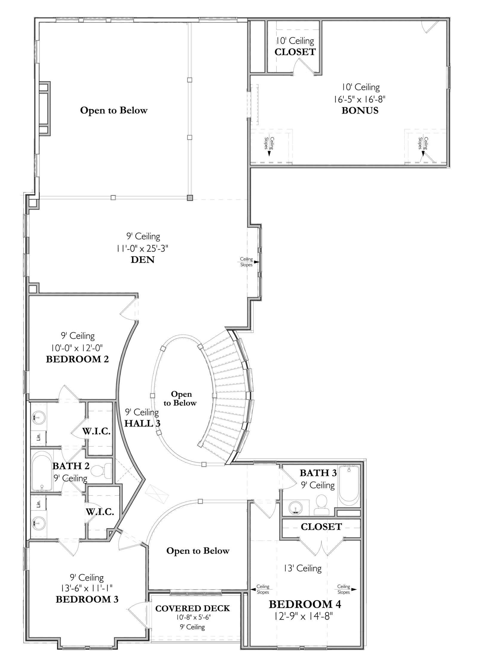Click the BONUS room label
360,111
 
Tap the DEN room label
143,260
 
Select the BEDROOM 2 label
77,359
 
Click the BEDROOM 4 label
305,604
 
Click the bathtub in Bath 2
42,471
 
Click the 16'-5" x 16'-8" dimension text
361,99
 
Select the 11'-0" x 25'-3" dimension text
143,248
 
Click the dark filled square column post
190,197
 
